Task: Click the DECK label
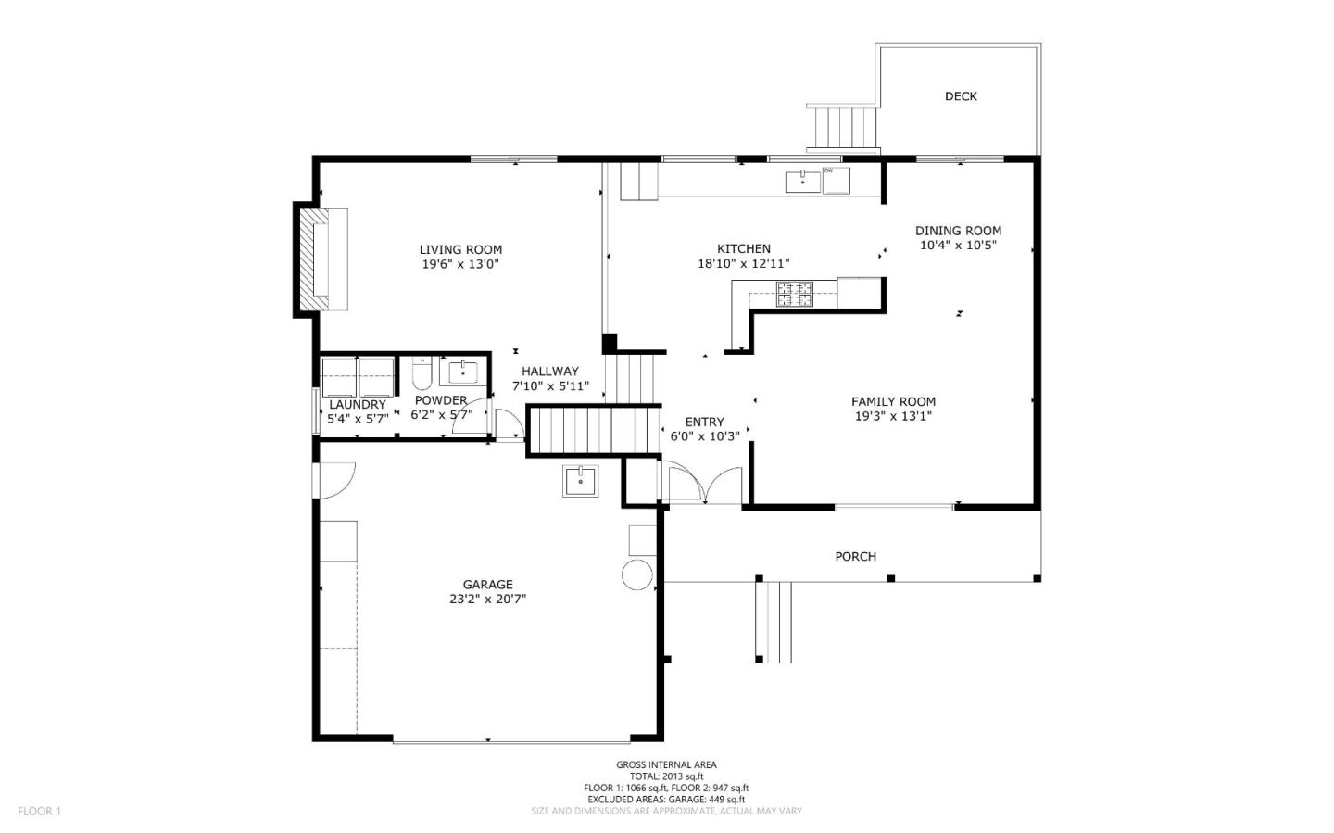(x=961, y=96)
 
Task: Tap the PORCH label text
(x=855, y=557)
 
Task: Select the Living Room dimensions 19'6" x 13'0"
(x=459, y=264)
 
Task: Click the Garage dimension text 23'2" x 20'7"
(x=487, y=599)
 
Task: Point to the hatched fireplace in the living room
(x=314, y=259)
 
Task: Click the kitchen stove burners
(x=795, y=295)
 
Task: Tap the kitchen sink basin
(x=803, y=182)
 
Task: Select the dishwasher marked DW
(x=837, y=181)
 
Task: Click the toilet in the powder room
(x=422, y=373)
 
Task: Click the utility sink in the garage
(x=581, y=481)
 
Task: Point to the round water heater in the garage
(x=636, y=574)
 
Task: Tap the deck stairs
(x=843, y=128)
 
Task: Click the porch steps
(x=774, y=622)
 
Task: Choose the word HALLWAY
(x=550, y=372)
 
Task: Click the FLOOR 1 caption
(x=39, y=811)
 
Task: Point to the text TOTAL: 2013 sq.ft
(x=666, y=776)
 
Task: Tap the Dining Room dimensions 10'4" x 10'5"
(x=958, y=245)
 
